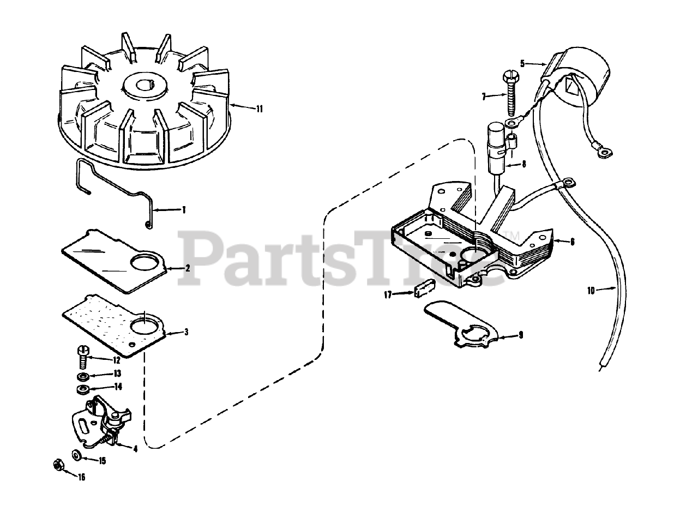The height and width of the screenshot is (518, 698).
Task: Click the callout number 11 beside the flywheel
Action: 259,109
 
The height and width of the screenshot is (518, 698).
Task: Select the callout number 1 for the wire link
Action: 184,209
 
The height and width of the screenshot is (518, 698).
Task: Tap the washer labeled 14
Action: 83,389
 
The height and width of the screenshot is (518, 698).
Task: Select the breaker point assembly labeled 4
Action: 104,420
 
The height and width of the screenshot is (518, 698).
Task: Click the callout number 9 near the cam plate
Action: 520,335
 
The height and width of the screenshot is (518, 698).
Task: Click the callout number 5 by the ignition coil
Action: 522,63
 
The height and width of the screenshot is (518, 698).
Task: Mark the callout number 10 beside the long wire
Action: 591,291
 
